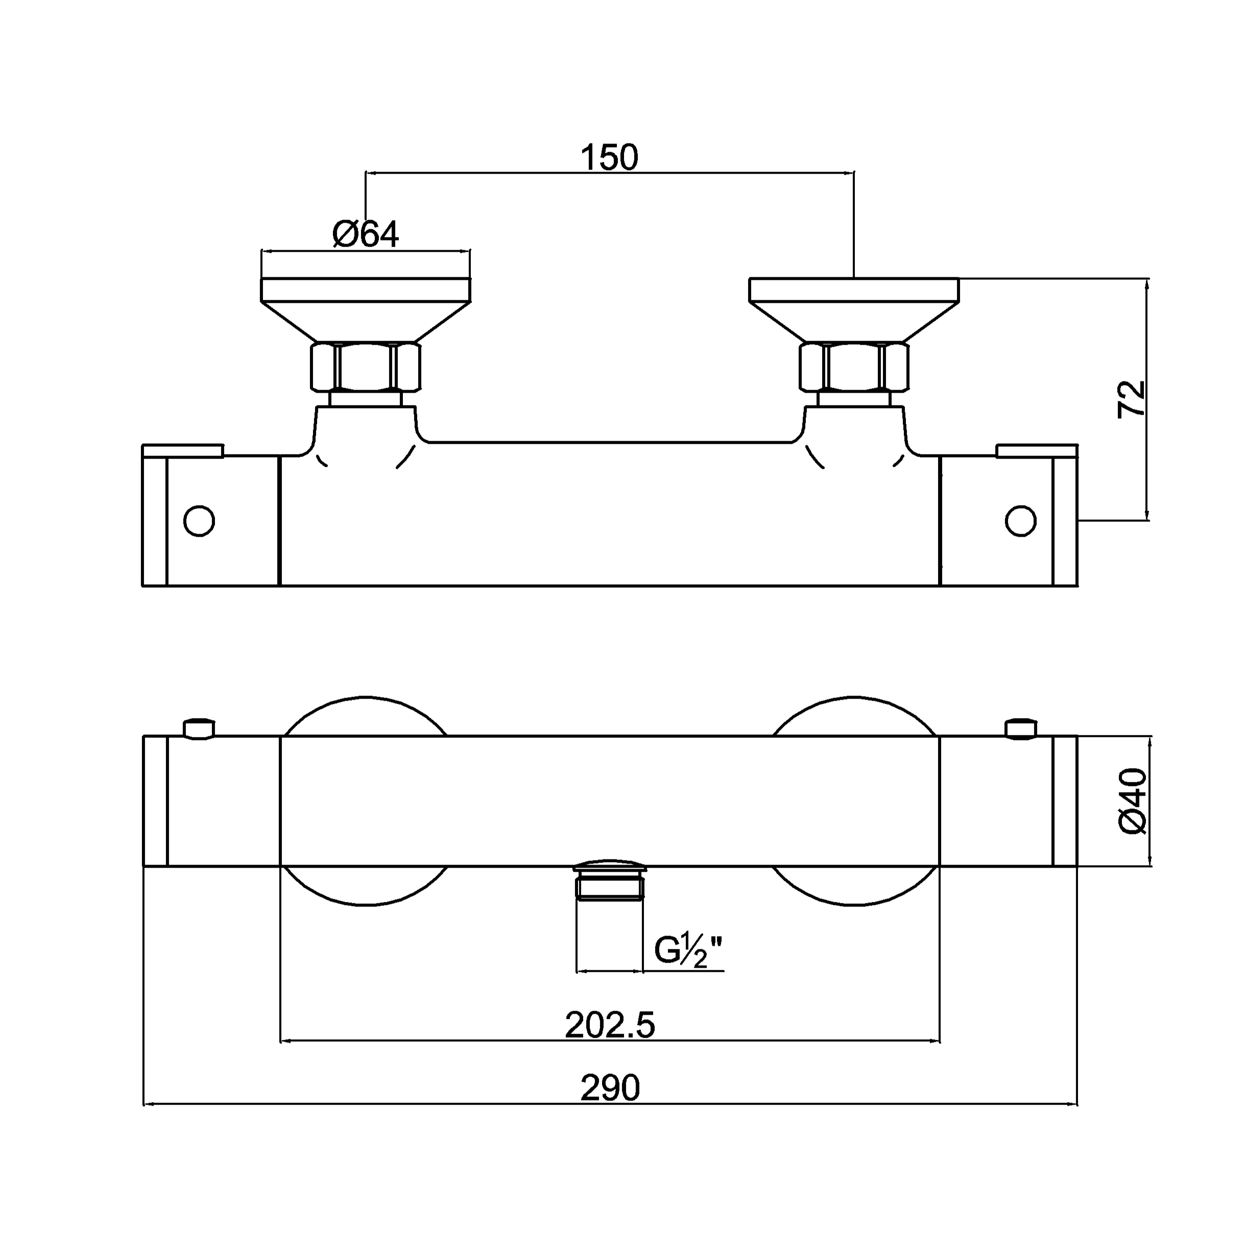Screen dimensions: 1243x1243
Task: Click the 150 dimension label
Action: tap(609, 158)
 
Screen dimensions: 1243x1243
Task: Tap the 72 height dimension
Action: tap(1132, 399)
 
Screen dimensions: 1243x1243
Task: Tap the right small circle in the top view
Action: tap(1020, 520)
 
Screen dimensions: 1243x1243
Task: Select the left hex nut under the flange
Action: tap(366, 367)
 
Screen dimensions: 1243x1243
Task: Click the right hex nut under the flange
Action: tap(854, 367)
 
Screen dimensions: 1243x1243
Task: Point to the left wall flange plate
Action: tap(366, 290)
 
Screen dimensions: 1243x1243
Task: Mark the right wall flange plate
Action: tap(854, 290)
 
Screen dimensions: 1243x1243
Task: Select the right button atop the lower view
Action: tap(1020, 729)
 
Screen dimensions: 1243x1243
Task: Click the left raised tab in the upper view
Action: tap(183, 450)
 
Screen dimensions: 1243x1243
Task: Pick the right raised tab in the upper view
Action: tap(1037, 450)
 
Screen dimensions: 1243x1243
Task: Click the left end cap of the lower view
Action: tap(155, 801)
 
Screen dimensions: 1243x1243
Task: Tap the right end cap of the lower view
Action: tap(1065, 801)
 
